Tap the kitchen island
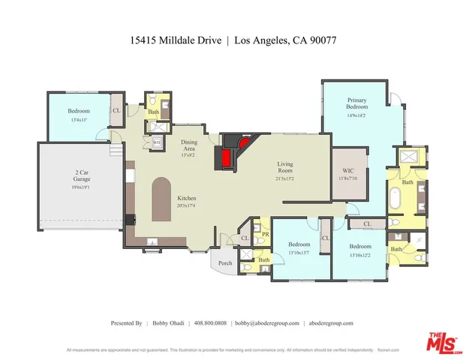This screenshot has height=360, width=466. [161, 199]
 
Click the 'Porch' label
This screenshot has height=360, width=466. [225, 262]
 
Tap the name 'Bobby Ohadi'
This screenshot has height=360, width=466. [167, 322]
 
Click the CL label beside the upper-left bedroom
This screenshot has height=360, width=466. [116, 111]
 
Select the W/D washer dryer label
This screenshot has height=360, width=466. [157, 141]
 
